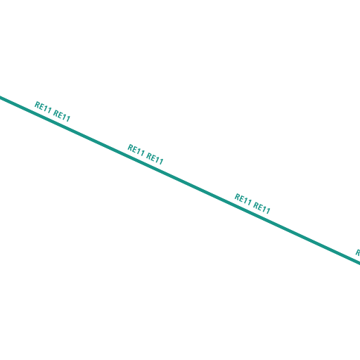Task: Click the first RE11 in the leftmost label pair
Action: coord(43,108)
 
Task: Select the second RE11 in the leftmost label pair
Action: coord(62,116)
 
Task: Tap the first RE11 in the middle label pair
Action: coord(136,150)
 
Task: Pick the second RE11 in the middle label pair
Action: coord(155,159)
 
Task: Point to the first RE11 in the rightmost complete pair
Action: coord(243,200)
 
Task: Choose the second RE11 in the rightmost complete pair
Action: coord(262,208)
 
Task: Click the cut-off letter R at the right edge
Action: coord(358,252)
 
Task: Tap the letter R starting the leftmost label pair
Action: coord(37,105)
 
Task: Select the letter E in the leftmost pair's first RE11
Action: coord(42,107)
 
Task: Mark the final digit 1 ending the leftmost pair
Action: coord(68,119)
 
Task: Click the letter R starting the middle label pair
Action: coord(130,148)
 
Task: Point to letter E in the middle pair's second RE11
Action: coord(154,158)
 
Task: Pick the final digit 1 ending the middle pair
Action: coord(161,162)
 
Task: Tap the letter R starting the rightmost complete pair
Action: coord(238,197)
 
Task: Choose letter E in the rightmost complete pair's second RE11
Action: coord(261,207)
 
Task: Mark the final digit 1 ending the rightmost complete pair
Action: coord(268,211)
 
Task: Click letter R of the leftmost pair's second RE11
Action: coord(56,113)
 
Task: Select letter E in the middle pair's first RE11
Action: coord(135,150)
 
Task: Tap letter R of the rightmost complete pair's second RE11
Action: coord(256,205)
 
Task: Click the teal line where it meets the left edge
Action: coord(1,97)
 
